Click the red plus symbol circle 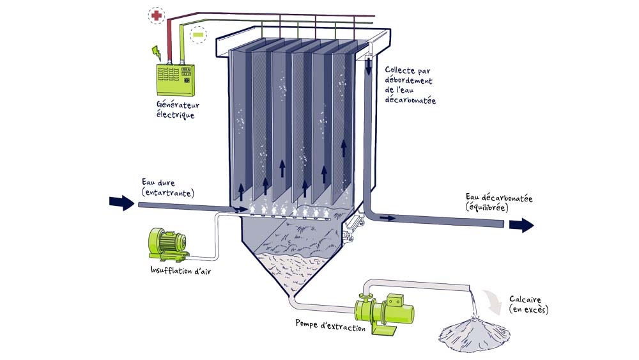pyautogui.click(x=155, y=15)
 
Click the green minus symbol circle pyautogui.click(x=199, y=33)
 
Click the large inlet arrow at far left pyautogui.click(x=119, y=203)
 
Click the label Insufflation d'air pyautogui.click(x=180, y=269)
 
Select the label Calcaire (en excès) pyautogui.click(x=528, y=304)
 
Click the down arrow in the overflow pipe pyautogui.click(x=369, y=65)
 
